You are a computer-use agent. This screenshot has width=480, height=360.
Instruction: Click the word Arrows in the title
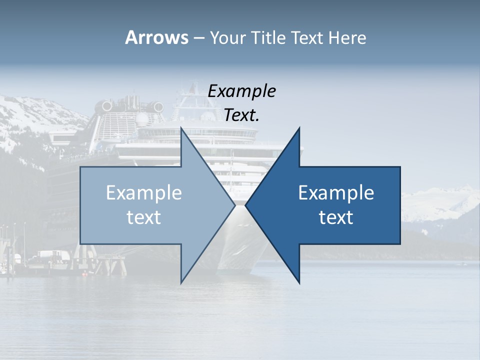point(156,37)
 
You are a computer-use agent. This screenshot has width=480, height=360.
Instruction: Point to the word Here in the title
point(347,38)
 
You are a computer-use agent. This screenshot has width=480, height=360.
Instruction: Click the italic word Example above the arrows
point(241,91)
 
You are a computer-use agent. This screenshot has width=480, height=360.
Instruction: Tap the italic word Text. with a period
point(241,115)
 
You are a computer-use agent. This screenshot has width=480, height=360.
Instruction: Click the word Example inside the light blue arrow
point(144,193)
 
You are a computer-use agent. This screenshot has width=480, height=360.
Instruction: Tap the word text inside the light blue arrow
point(144,217)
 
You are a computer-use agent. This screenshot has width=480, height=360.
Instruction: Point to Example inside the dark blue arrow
point(336,193)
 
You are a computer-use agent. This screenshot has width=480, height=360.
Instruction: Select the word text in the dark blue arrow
point(336,217)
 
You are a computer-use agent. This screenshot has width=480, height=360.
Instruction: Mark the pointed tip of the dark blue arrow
point(246,205)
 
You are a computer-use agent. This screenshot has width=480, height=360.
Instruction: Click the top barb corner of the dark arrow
point(299,129)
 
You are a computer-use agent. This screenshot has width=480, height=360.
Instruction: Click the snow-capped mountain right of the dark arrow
point(440,200)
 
